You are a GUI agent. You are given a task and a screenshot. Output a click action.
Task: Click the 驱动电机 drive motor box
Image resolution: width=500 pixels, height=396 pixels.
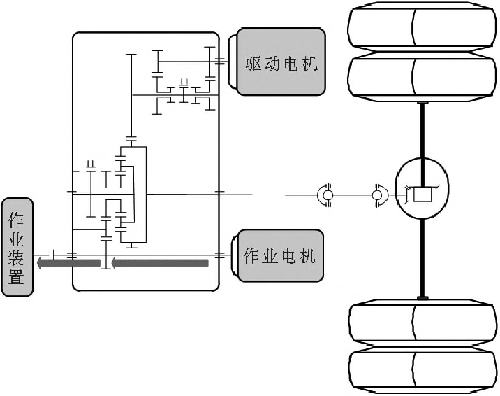click(x=281, y=62)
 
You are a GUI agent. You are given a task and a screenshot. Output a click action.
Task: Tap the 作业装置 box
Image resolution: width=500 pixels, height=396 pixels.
click(x=17, y=246)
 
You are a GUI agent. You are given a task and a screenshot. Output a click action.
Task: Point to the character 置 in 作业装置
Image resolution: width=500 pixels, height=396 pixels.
click(x=17, y=276)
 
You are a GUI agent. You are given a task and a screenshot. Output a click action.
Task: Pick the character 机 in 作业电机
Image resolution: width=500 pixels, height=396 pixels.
click(x=307, y=255)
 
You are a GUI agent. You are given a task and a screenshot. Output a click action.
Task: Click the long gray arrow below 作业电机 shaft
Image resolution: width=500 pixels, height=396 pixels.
click(x=160, y=263)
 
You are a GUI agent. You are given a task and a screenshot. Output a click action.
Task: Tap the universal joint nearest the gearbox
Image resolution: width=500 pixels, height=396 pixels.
click(x=326, y=193)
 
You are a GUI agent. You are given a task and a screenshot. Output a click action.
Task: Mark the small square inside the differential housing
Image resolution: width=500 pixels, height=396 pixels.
click(x=422, y=194)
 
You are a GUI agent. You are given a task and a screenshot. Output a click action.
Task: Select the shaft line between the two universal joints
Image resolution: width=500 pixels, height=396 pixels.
click(x=353, y=194)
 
